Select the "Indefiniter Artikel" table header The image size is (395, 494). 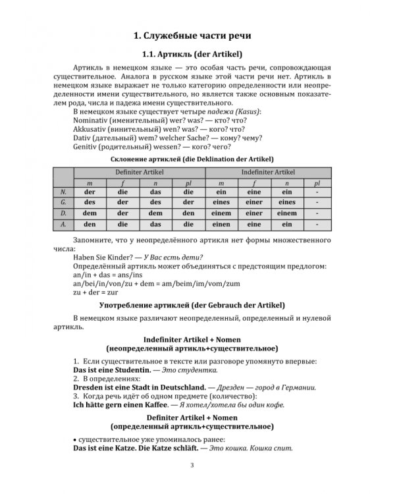269,172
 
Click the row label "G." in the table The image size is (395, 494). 63,202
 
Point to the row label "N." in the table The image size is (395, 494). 63,191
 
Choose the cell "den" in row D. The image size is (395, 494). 188,213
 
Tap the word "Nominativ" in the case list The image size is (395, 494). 94,121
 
